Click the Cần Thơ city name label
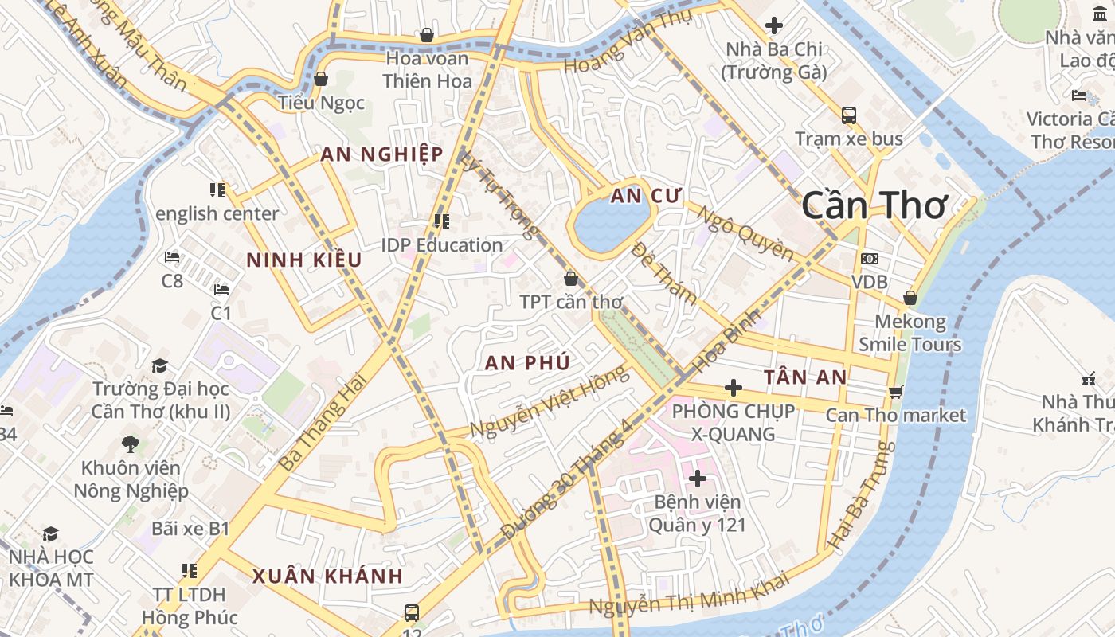click(874, 205)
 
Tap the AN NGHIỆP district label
click(381, 154)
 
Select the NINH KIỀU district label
click(303, 260)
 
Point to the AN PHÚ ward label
click(527, 363)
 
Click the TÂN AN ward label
click(805, 377)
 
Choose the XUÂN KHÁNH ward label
click(328, 576)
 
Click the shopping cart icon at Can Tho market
click(896, 392)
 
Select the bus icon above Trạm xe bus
click(849, 115)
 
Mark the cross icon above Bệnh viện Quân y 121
click(698, 479)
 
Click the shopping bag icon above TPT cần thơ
click(571, 279)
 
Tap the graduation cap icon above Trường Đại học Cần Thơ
click(160, 365)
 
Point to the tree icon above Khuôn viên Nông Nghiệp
click(131, 444)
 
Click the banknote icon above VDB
click(870, 259)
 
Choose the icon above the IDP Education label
click(441, 221)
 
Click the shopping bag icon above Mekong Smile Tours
click(910, 299)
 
